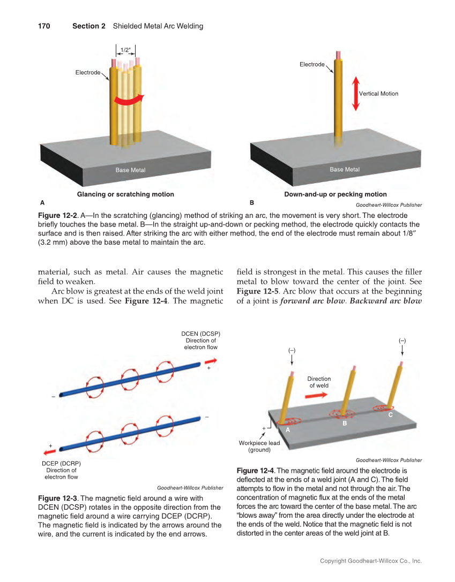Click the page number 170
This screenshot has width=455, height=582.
pos(43,26)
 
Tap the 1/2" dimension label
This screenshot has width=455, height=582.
pos(126,50)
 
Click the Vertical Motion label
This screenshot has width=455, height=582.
pos(378,94)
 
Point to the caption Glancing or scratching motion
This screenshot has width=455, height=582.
pos(125,194)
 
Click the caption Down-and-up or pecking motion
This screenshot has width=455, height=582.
pos(335,194)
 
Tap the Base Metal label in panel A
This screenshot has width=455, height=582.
pos(130,170)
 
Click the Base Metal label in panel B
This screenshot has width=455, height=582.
pos(345,169)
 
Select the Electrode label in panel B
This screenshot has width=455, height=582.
pos(312,64)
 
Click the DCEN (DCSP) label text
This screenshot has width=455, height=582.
pos(200,334)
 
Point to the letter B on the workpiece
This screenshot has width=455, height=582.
pos(345,424)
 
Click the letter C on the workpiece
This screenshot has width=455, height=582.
pos(390,415)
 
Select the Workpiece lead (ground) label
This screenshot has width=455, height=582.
pos(259,447)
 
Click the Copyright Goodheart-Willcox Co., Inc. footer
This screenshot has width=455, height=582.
pos(371,561)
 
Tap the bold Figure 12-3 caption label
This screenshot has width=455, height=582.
pos(59,498)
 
